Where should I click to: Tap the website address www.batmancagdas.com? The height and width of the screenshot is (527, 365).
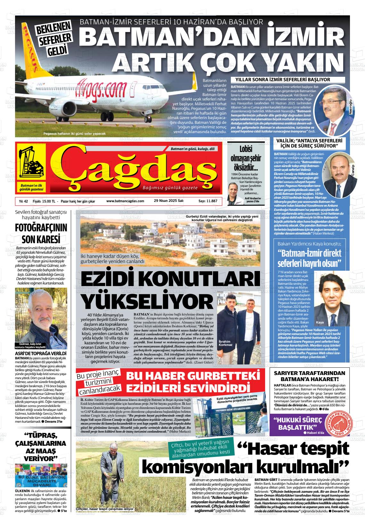click(x=125, y=201)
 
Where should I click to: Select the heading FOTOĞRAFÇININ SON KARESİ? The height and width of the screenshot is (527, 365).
click(x=41, y=233)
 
